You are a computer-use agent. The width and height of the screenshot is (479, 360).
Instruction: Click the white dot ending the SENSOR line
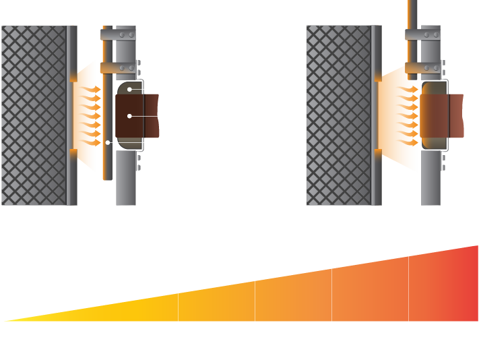tap(129, 90)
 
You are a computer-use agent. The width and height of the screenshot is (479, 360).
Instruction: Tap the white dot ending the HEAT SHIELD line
tap(107, 143)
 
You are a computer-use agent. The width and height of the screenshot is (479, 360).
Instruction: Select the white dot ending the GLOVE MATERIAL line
tap(129, 117)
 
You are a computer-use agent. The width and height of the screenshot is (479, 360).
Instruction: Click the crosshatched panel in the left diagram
tap(34, 115)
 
